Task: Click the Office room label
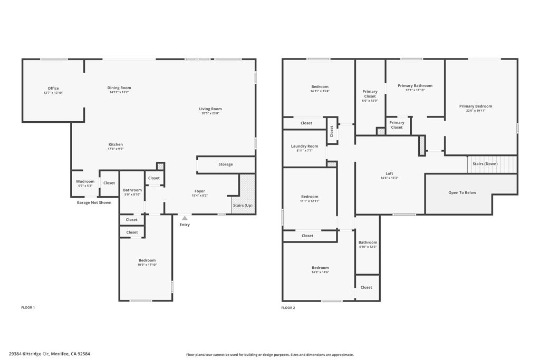53,88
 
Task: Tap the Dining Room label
119,87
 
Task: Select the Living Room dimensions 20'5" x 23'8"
210,113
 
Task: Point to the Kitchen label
115,144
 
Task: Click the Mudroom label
85,181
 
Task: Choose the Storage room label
226,164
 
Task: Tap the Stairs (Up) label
242,206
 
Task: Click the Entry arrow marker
184,217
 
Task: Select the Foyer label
199,191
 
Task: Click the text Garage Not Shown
94,202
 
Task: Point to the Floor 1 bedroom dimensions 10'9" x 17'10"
147,265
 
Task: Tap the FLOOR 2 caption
288,307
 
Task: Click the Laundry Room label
305,146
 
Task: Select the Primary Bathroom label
415,85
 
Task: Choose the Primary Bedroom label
475,106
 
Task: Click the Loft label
389,173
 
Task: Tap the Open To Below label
462,192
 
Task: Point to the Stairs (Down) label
485,164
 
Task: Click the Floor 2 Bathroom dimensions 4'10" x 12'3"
368,247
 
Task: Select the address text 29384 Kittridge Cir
31,354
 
